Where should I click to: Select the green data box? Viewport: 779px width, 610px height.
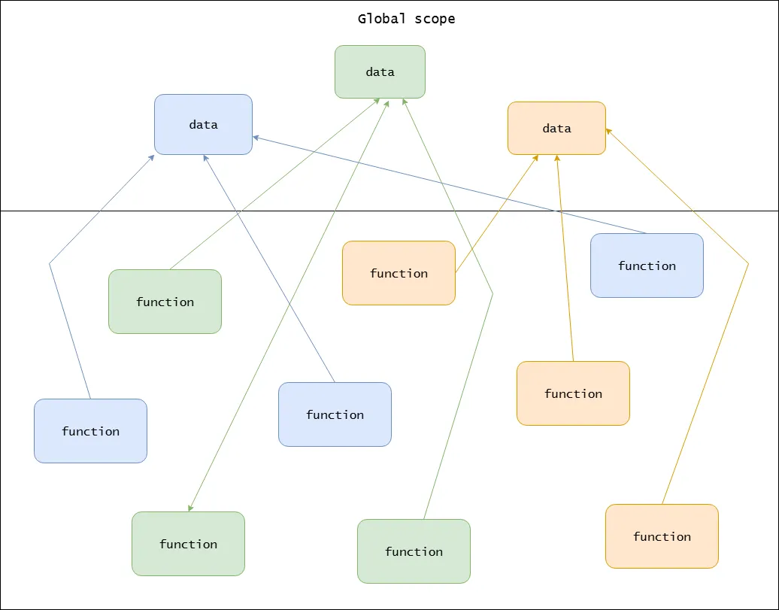pos(380,72)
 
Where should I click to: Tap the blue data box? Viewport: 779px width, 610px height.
pos(203,125)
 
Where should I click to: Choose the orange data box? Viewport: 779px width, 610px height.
pos(556,129)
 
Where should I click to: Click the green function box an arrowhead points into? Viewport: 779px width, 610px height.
pos(188,544)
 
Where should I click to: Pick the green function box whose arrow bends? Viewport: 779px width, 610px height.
pos(414,551)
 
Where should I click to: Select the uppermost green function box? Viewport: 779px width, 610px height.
pos(165,302)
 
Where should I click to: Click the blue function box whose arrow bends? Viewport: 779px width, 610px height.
pos(90,431)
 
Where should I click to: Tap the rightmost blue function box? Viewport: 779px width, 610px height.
pos(647,266)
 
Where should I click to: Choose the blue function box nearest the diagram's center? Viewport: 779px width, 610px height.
pos(335,414)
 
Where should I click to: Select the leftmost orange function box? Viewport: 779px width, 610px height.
pos(399,273)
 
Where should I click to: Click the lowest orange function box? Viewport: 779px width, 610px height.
pos(662,536)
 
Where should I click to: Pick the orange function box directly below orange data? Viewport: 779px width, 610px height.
pos(573,393)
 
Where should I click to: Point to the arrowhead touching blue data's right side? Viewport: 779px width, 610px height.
pos(256,137)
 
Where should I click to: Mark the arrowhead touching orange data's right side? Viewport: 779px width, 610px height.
pos(608,130)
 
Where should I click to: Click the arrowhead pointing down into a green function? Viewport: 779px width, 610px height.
pos(190,508)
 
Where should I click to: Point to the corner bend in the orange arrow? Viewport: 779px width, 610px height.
pos(748,263)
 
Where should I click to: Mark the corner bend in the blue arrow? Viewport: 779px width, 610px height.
pos(50,263)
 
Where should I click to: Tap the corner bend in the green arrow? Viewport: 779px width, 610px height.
pos(493,293)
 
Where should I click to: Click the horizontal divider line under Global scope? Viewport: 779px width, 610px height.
pos(113,211)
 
